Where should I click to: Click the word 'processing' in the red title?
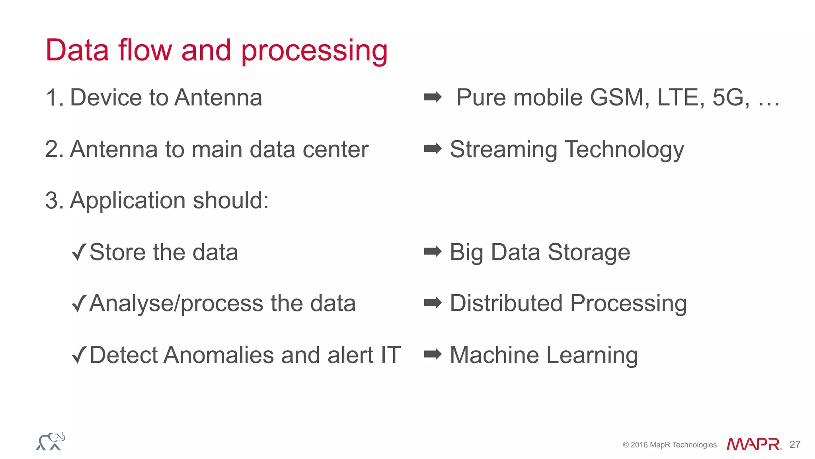314,51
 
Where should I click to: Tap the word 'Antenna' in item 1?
218,98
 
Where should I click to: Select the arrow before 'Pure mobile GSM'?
433,97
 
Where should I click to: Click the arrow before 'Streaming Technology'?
433,148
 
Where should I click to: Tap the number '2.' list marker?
55,149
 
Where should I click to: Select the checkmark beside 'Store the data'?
79,252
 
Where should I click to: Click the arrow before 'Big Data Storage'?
433,251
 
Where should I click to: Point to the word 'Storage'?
589,252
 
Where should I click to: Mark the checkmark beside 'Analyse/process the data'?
79,303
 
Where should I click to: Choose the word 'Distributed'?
506,303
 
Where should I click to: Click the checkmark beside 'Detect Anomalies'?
79,355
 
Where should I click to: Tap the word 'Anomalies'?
218,355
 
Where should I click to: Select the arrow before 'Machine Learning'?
433,354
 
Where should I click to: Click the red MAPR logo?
753,444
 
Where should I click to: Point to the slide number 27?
795,445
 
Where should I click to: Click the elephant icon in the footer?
51,441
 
